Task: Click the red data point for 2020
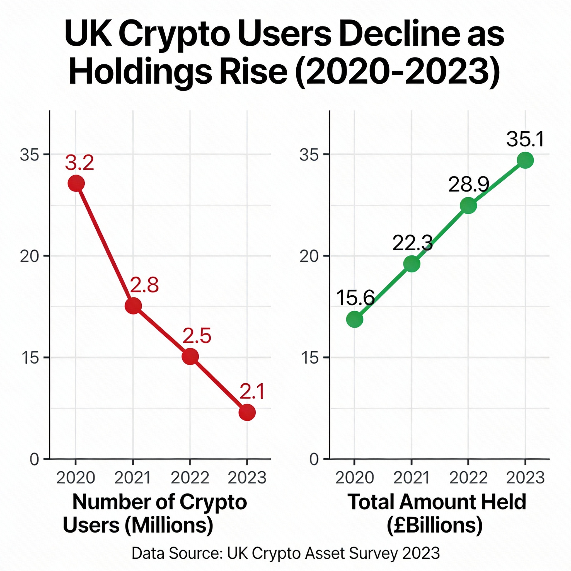(76, 183)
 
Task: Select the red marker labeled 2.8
(133, 306)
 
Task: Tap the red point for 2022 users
(190, 356)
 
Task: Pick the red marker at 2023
(247, 412)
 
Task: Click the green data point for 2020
(354, 319)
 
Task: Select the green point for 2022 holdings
(468, 205)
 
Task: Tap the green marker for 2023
(525, 160)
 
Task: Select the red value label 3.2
(79, 163)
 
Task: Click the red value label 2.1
(252, 392)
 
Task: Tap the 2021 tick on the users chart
(133, 478)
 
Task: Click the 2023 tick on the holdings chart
(525, 478)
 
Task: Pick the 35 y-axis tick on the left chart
(29, 154)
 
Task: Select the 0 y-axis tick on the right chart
(314, 460)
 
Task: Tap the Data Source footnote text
(285, 553)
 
